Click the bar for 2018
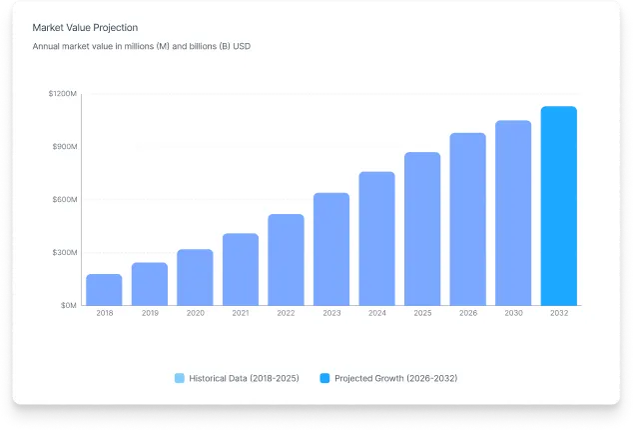click(x=104, y=290)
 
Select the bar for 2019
click(x=150, y=284)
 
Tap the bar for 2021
click(x=241, y=270)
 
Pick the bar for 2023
click(x=331, y=249)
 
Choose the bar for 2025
click(x=422, y=229)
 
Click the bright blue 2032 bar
click(x=559, y=206)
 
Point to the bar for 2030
click(x=513, y=213)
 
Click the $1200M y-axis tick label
click(x=62, y=94)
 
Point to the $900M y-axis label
click(x=64, y=147)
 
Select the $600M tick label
click(x=64, y=200)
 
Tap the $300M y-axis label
click(x=64, y=253)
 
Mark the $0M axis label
click(x=67, y=306)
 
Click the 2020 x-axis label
click(x=195, y=314)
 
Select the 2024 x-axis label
click(x=376, y=314)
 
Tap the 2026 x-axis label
click(x=467, y=314)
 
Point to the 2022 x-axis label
click(x=286, y=314)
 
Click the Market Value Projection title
click(x=85, y=28)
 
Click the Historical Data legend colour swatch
click(x=180, y=378)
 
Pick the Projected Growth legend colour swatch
click(x=324, y=378)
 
